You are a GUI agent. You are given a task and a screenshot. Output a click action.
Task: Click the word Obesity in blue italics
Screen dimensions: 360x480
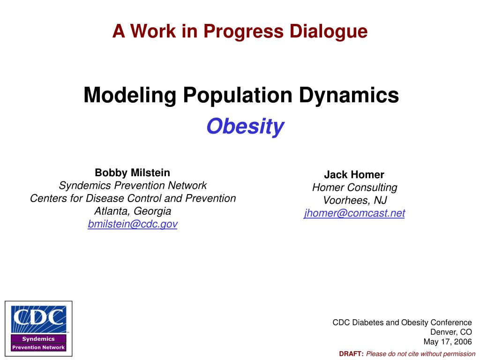[x=245, y=127]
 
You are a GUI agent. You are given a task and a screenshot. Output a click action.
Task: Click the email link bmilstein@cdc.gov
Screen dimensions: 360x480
[x=133, y=224]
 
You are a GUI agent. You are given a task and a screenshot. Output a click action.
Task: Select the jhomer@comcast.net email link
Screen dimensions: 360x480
[x=354, y=213]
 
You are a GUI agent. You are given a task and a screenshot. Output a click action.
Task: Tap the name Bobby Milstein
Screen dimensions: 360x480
[x=133, y=172]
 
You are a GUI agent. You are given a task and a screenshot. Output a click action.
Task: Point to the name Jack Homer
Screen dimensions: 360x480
[x=354, y=175]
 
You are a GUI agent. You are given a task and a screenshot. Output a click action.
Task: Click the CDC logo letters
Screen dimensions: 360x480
[x=38, y=318]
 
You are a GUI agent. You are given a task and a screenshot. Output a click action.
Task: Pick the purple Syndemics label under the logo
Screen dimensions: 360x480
[x=38, y=339]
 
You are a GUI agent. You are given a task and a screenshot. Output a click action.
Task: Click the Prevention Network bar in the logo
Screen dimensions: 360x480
[x=38, y=347]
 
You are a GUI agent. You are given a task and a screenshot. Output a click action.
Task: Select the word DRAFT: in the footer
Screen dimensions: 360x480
[x=352, y=354]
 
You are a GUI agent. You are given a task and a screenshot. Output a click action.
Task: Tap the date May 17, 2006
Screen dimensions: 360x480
[x=448, y=342]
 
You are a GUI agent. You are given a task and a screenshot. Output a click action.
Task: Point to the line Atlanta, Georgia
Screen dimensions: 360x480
[x=133, y=211]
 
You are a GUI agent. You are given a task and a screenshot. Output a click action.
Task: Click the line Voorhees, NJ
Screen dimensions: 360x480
[x=354, y=201]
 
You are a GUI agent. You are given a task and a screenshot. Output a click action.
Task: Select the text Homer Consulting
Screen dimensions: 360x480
[x=354, y=187]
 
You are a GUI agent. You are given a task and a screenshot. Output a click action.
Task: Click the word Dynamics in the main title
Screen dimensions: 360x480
[x=349, y=96]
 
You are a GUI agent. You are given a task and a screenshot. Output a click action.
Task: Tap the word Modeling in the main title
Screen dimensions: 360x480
[x=130, y=96]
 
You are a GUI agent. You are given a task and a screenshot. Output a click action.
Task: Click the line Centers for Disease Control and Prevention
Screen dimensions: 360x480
[x=133, y=198]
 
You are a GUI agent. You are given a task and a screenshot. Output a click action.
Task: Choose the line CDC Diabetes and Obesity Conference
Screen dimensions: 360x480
[x=402, y=322]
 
